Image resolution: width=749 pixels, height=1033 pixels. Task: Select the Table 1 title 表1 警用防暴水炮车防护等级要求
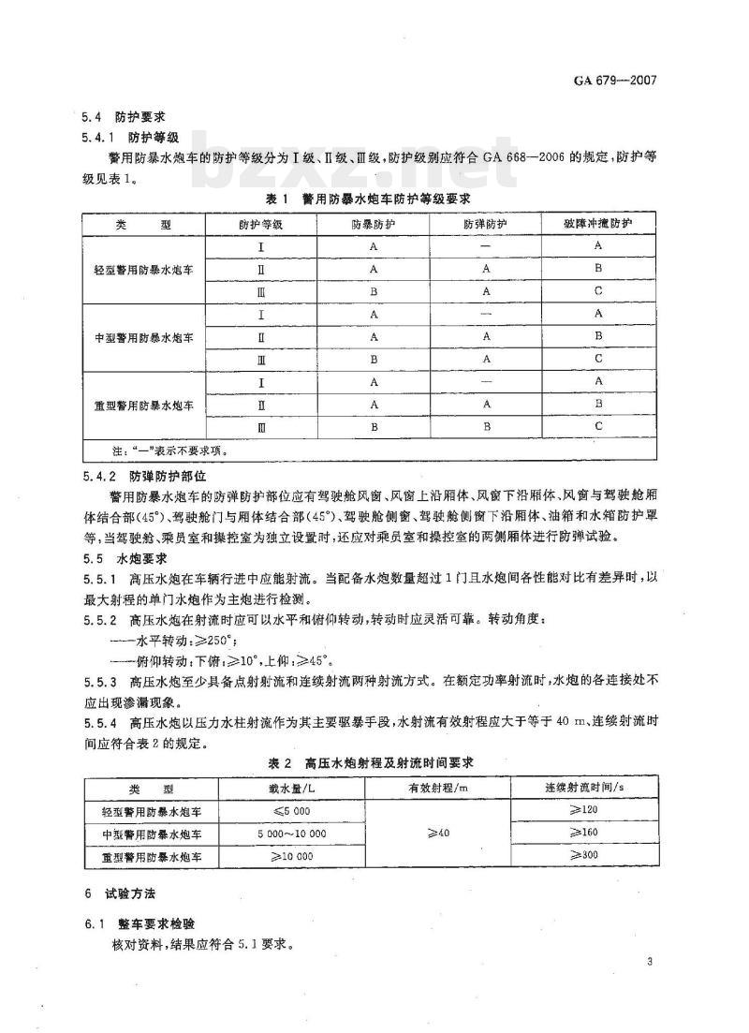368,199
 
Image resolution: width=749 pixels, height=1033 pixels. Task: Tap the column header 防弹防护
485,225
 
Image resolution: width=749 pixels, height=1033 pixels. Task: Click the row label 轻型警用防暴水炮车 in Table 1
143,269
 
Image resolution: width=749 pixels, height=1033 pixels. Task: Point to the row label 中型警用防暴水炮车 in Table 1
143,337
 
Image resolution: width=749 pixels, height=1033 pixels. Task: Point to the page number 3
649,962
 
